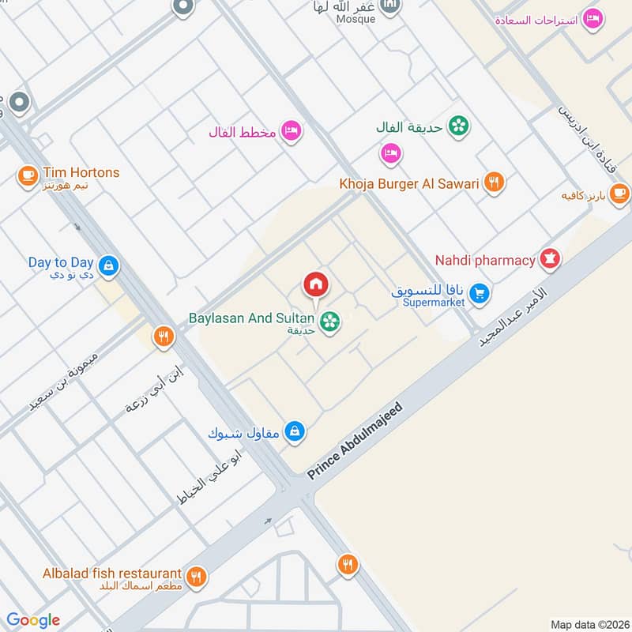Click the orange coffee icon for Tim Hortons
point(28,174)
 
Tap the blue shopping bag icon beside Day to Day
point(108,265)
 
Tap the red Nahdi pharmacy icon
point(550,259)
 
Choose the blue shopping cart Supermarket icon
point(478,294)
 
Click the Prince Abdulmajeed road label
point(355,441)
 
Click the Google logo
point(33,620)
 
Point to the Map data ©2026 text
point(588,624)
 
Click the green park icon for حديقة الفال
point(457,126)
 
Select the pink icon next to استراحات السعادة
point(592,18)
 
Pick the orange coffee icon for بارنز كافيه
point(619,192)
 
